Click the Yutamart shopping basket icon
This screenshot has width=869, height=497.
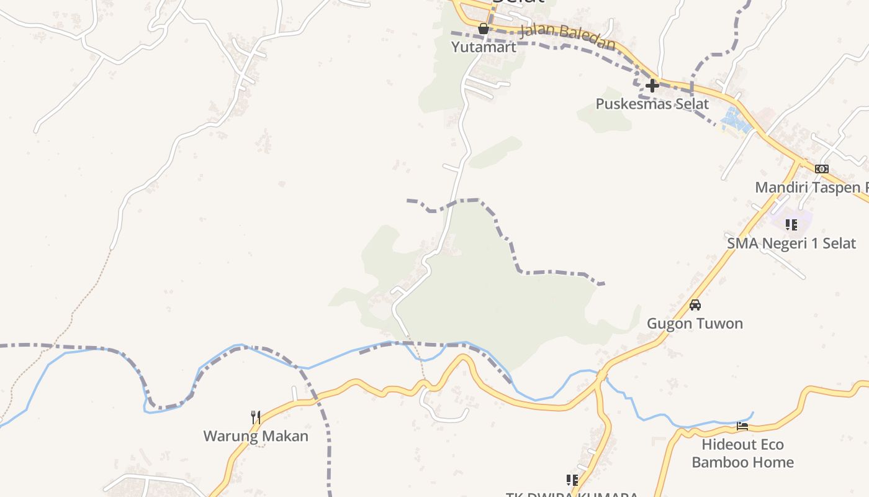point(483,29)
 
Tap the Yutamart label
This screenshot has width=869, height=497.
point(484,47)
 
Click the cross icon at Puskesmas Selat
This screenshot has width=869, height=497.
point(652,86)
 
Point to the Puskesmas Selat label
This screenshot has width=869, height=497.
point(652,104)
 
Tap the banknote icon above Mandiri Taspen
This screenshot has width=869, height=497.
point(821,169)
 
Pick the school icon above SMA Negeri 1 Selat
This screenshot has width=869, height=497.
point(791,224)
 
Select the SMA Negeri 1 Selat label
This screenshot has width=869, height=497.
point(791,243)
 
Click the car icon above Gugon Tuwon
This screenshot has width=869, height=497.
point(695,305)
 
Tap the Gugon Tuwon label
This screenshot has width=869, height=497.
point(695,324)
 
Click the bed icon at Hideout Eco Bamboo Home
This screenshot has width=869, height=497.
point(742,426)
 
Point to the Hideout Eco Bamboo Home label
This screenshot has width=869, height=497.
point(742,454)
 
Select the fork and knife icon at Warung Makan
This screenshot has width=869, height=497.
point(255,417)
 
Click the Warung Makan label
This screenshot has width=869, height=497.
point(256,436)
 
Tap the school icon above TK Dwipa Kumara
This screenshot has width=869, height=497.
point(572,480)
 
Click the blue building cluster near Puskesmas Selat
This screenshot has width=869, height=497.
point(735,120)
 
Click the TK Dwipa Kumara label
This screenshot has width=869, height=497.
point(572,495)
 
